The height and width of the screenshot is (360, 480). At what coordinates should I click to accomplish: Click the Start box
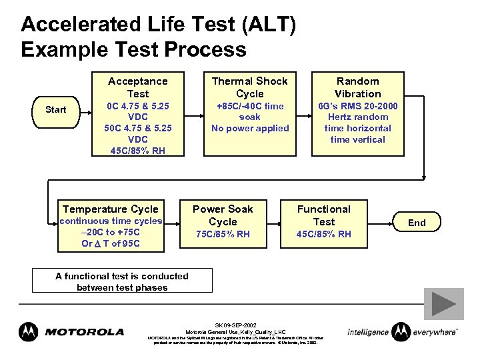click(56, 109)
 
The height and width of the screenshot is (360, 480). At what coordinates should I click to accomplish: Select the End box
click(417, 223)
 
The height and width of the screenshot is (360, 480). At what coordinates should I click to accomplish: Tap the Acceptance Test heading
click(138, 87)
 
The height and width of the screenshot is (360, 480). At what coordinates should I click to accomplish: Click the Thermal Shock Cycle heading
click(250, 87)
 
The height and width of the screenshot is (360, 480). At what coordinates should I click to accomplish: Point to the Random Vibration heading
click(358, 87)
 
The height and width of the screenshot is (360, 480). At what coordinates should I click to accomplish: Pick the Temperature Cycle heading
click(111, 209)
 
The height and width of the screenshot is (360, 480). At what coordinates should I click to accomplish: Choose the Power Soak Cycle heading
click(223, 215)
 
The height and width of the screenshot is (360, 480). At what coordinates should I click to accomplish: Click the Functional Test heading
click(324, 215)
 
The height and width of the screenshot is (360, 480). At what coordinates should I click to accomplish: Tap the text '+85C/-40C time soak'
click(250, 111)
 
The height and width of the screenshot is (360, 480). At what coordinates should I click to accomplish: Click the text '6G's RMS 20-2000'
click(358, 105)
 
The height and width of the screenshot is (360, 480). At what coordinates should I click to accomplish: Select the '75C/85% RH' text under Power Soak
click(223, 234)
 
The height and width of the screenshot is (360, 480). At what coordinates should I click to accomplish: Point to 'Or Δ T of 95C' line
click(111, 243)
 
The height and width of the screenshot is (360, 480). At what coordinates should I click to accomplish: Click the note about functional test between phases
click(122, 281)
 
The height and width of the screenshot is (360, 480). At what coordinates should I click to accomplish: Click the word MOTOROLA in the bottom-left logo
click(85, 331)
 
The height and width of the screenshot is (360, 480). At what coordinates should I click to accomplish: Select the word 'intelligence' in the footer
click(368, 331)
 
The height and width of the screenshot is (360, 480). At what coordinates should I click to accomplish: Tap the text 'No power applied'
click(250, 128)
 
